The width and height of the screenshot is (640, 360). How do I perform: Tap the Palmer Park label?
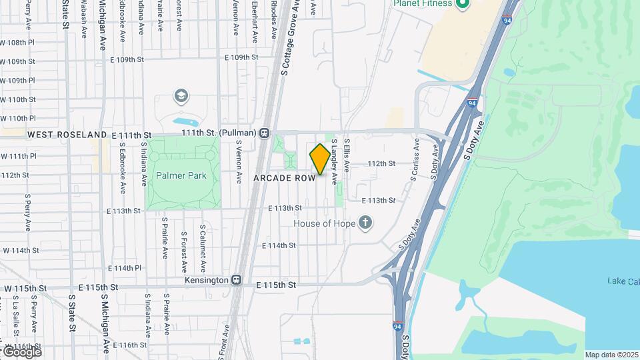181,176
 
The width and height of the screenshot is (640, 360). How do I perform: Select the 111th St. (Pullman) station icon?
265,133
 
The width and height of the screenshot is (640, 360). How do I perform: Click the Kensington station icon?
235,280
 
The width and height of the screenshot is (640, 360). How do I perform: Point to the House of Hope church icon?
365,223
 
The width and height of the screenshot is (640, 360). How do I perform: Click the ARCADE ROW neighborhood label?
284,179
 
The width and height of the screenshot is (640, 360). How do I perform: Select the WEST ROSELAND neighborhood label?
67,135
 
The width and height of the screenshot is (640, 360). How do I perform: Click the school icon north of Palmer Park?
180,97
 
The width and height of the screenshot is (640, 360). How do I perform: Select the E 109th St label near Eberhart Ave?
241,57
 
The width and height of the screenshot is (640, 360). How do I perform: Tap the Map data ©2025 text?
611,354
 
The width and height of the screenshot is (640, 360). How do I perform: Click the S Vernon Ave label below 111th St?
238,160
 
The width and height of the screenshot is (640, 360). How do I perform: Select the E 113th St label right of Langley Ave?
379,200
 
